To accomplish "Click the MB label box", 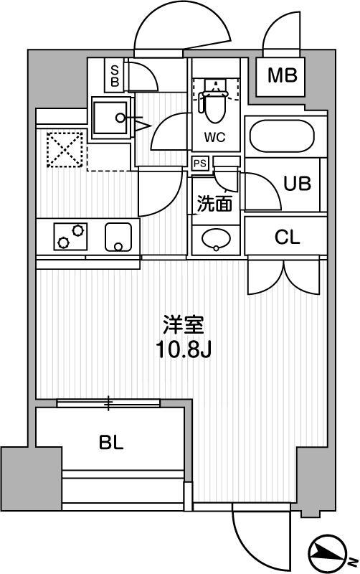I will coord(283,75).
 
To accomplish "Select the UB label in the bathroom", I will coord(296,183).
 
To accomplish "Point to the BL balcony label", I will coord(111,442).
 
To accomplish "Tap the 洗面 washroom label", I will coord(214,204).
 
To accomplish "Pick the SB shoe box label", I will coord(114,75).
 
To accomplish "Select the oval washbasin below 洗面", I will coord(214,239).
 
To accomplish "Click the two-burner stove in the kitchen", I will coord(70,236).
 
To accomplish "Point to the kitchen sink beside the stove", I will coord(119,236).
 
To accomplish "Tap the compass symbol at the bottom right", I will coord(329,553).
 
